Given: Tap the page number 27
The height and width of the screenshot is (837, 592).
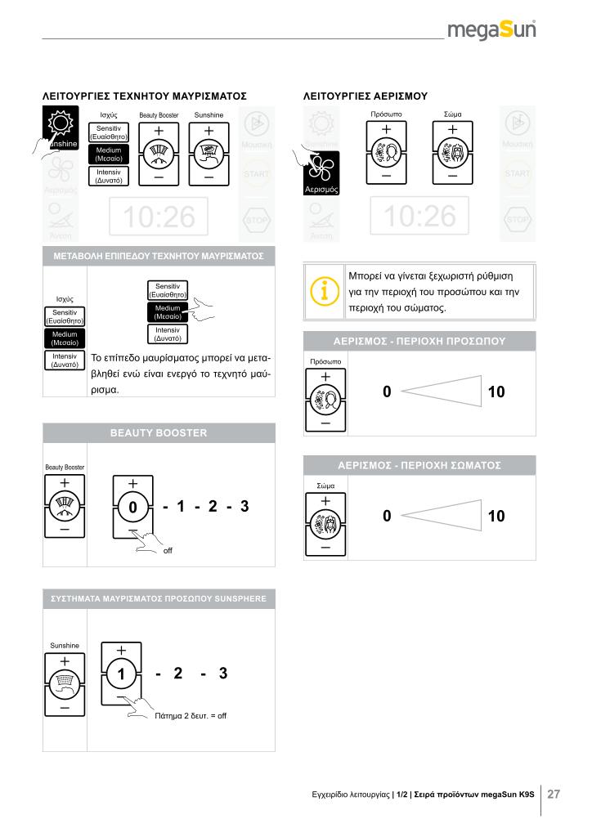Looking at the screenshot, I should (554, 794).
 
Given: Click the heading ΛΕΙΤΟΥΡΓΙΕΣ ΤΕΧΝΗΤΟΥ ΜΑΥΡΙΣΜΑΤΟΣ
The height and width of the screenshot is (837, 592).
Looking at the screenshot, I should (144, 96).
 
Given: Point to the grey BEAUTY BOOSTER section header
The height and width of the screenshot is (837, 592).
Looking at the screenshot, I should (159, 432).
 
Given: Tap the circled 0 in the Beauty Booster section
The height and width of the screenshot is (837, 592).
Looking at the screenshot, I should (132, 508).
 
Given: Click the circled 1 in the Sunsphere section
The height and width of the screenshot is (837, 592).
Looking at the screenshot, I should (121, 675).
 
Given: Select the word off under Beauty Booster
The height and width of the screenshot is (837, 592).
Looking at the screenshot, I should (168, 551).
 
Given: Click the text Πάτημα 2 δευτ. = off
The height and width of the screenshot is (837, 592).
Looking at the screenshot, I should (191, 715).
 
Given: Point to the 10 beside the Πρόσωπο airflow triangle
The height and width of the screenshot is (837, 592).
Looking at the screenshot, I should (496, 392).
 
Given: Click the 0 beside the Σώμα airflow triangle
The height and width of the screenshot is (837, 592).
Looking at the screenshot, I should (387, 516).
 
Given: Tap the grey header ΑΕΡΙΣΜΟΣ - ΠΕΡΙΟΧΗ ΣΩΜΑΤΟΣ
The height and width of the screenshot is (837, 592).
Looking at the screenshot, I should (419, 465).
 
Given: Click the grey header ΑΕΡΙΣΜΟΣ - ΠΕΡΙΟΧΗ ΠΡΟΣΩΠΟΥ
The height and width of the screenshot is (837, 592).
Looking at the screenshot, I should (419, 341).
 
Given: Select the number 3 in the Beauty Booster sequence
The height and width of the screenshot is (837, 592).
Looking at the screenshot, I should (244, 508).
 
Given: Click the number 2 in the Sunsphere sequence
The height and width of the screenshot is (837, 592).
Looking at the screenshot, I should (177, 674).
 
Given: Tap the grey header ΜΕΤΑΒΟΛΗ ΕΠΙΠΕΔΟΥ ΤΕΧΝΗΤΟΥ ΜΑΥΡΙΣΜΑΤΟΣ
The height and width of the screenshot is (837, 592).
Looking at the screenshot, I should (159, 256).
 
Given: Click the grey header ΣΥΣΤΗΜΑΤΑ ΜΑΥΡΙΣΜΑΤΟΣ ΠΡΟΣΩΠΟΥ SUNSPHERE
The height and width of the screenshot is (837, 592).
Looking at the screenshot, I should (159, 599).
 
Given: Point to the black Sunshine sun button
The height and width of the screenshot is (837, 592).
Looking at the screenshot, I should (60, 129).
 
